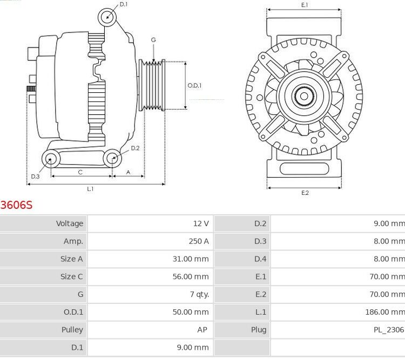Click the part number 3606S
pyautogui.click(x=17, y=205)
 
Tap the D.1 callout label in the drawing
pyautogui.click(x=124, y=4)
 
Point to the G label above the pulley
pyautogui.click(x=153, y=40)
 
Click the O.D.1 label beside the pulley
pyautogui.click(x=194, y=85)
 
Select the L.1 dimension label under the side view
pyautogui.click(x=90, y=188)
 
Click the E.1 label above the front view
pyautogui.click(x=305, y=5)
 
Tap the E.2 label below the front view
pyautogui.click(x=305, y=193)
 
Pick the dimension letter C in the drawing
pyautogui.click(x=80, y=172)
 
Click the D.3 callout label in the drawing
pyautogui.click(x=35, y=176)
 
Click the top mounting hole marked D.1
pyautogui.click(x=107, y=17)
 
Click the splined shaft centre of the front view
pyautogui.click(x=303, y=97)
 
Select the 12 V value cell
pyautogui.click(x=200, y=223)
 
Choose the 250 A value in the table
pyautogui.click(x=198, y=241)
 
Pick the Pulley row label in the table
pyautogui.click(x=72, y=330)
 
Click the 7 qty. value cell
pyautogui.click(x=197, y=294)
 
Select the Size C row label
pyautogui.click(x=71, y=276)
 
